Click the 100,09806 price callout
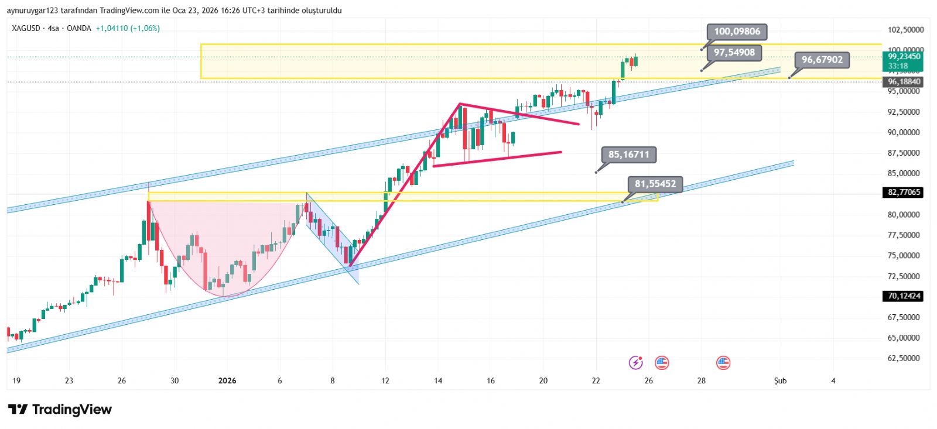[737, 32]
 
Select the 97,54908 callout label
[734, 53]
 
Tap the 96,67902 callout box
[822, 60]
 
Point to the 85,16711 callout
[628, 155]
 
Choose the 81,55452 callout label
[655, 184]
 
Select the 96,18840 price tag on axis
[904, 82]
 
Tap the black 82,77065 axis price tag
[904, 192]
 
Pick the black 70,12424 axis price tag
[904, 296]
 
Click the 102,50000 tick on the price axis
[905, 30]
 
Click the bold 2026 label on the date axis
[227, 381]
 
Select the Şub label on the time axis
[780, 381]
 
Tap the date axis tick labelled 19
[16, 381]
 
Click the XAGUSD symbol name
[26, 28]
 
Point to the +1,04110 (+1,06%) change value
[128, 28]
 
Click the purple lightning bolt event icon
[635, 363]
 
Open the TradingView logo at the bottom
[60, 409]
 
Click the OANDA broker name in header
[78, 28]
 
